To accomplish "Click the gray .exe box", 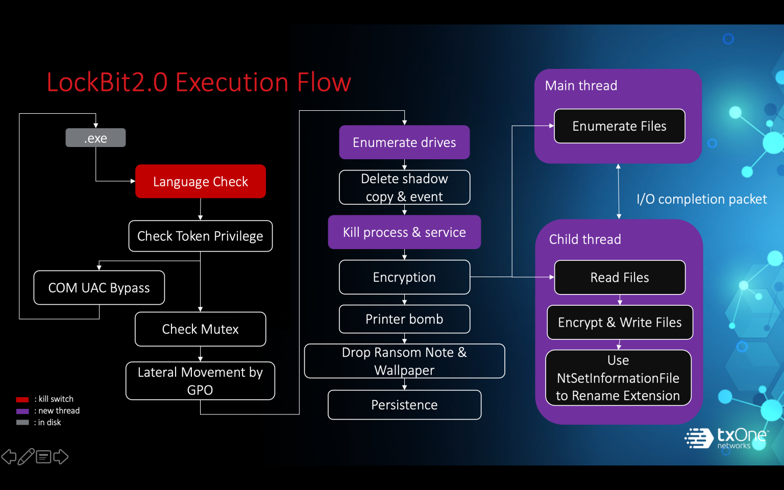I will click(95, 138).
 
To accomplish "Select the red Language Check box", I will click(200, 181).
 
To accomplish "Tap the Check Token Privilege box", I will click(200, 236).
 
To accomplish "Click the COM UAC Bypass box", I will click(99, 288).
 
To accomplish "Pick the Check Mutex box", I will click(200, 329).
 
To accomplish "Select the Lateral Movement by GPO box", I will click(200, 381).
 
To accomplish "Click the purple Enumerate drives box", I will click(404, 142).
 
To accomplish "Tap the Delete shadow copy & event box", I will click(404, 187).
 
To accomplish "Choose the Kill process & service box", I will click(404, 232).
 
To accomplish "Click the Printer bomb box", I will click(404, 319).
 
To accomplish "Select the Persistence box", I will click(404, 405).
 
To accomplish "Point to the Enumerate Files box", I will click(619, 126).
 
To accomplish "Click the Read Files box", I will click(619, 278).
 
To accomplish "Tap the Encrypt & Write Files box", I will click(620, 323).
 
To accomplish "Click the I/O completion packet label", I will click(701, 199).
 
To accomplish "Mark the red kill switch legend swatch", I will click(22, 399).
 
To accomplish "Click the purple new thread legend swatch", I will click(22, 411).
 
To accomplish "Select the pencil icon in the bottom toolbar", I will click(26, 456).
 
